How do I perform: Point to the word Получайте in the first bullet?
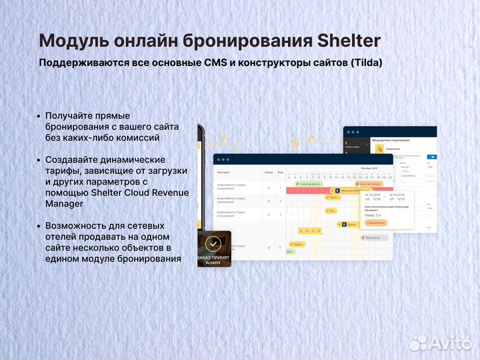pos(68,115)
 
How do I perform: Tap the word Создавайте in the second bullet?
pos(72,159)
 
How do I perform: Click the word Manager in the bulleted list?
pos(65,203)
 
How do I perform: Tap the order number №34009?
pos(213,263)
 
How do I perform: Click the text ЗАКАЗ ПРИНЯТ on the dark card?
pos(213,257)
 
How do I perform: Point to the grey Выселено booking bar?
pos(372,237)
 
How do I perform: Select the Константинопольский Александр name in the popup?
pos(387,207)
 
